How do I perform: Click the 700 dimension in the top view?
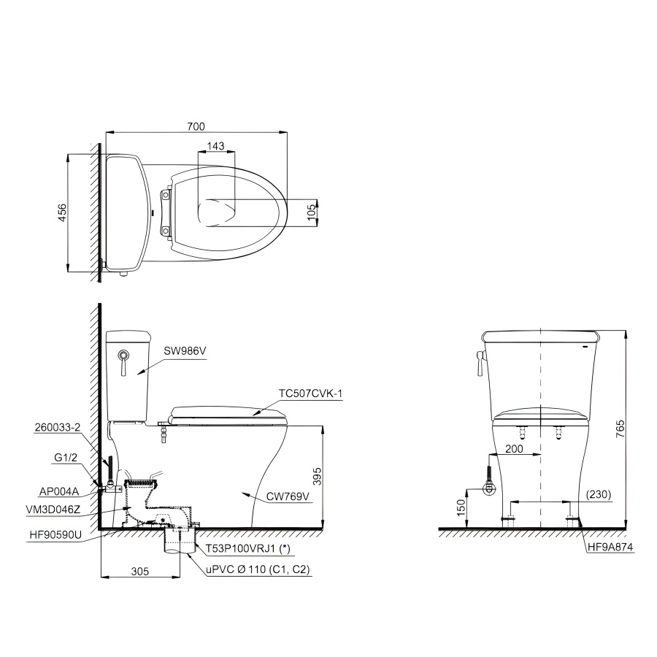(x=196, y=126)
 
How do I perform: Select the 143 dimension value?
(x=215, y=146)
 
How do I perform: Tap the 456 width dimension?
(x=61, y=212)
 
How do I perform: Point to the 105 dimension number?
(x=311, y=213)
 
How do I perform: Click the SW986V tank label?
(x=185, y=350)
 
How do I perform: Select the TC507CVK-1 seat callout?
(x=310, y=393)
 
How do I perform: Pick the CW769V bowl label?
(x=288, y=496)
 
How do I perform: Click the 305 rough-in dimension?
(x=139, y=571)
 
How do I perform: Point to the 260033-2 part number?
(x=58, y=427)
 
